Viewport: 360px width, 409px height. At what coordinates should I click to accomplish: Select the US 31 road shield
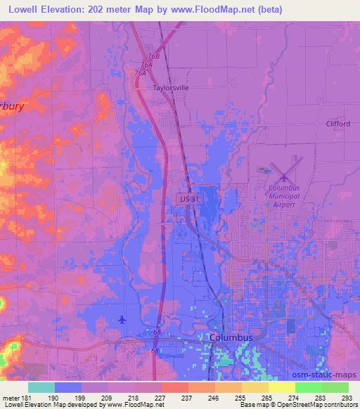click(x=187, y=200)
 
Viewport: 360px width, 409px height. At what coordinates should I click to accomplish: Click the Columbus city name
click(x=231, y=337)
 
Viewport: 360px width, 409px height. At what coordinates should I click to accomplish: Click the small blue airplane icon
click(x=123, y=320)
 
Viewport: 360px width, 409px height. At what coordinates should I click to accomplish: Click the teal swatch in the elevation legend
click(x=41, y=388)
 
